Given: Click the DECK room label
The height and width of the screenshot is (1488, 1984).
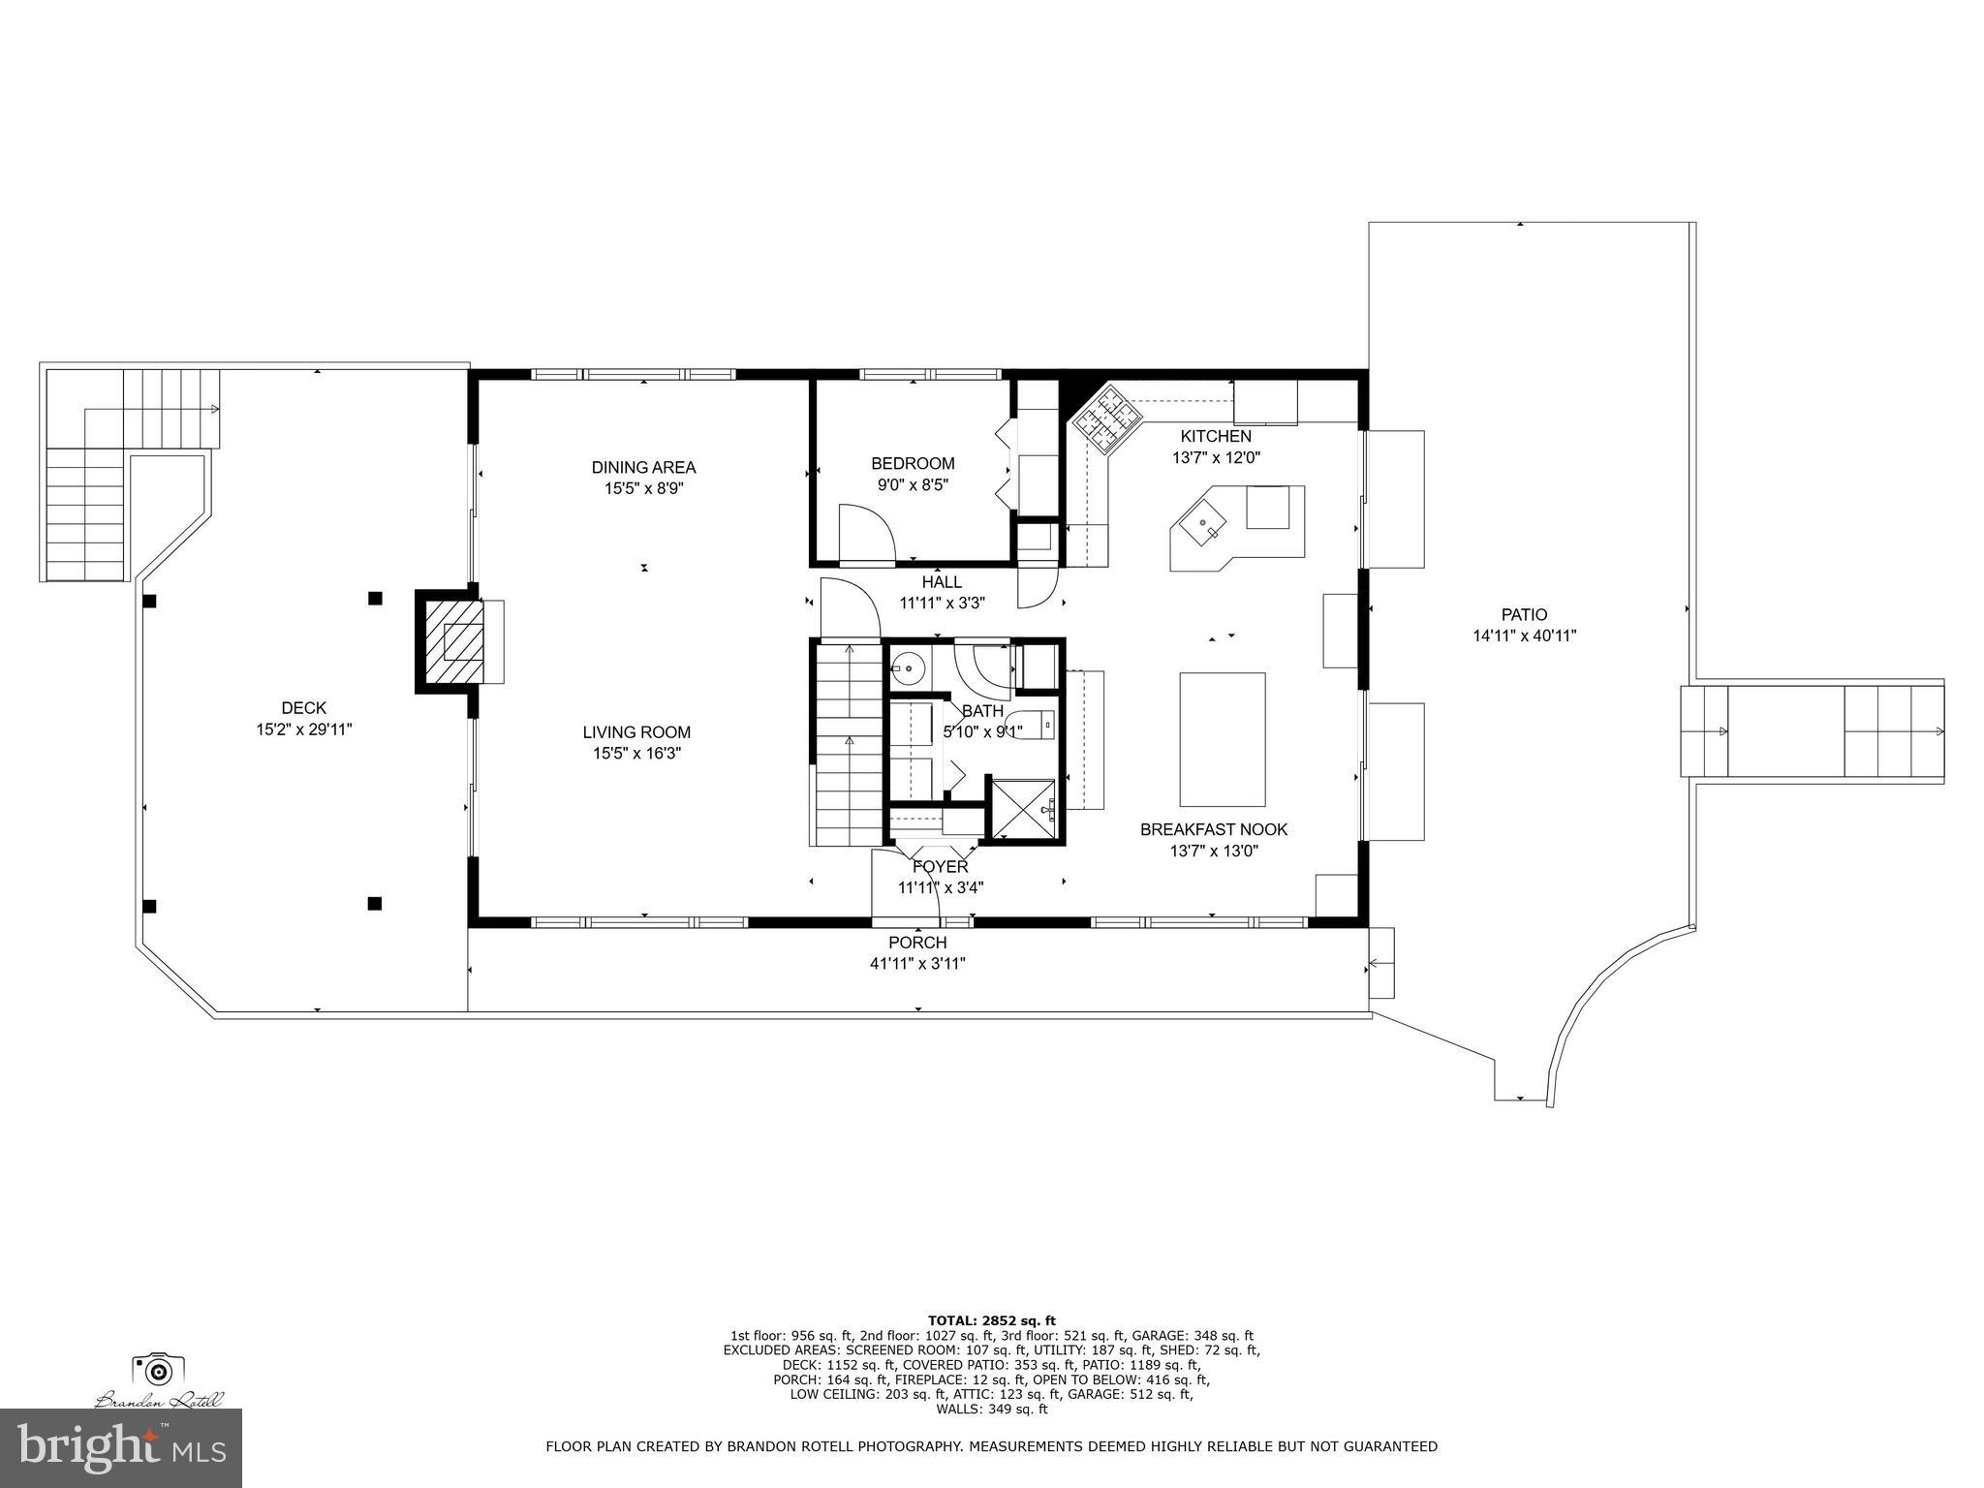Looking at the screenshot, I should coord(303,708).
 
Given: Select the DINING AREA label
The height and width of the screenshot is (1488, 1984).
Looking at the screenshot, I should coord(643,467).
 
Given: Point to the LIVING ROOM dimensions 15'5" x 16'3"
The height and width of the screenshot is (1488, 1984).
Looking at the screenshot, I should coord(636,754).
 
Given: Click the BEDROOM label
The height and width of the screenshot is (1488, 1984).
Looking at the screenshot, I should coord(912,463).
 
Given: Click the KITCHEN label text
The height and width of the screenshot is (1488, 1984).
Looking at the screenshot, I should coord(1215,436).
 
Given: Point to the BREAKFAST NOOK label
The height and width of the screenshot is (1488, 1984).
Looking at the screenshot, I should coord(1213,829).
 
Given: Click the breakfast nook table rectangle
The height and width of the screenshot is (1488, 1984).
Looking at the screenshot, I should coord(1222,739).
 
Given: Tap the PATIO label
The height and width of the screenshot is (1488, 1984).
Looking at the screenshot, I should coord(1524,614).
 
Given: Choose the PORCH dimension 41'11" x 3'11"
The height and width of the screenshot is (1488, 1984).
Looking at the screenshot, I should coord(917,964).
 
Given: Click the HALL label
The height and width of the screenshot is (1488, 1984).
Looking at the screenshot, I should coord(941,581).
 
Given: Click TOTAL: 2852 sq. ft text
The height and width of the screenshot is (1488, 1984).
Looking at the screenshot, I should coord(991,1319).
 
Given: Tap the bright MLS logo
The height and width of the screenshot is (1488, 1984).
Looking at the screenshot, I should coord(121,1448).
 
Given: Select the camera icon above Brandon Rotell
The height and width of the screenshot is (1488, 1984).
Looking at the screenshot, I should coord(158,1369).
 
